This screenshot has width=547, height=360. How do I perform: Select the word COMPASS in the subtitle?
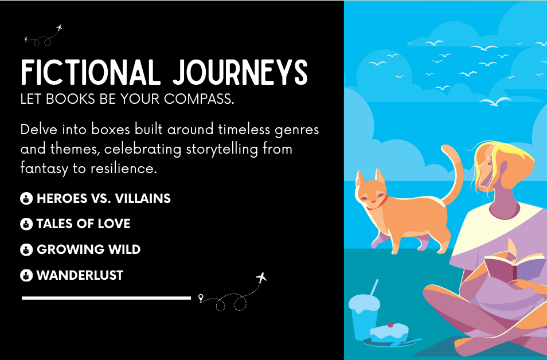pos(199,99)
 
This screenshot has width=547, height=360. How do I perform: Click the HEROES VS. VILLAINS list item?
pos(104,198)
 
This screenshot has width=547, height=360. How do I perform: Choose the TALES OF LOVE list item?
pos(83,224)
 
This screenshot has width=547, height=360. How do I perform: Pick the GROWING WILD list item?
pos(89,249)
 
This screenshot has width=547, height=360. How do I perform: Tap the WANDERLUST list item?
pos(80,275)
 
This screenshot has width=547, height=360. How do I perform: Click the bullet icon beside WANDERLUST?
pos(26,275)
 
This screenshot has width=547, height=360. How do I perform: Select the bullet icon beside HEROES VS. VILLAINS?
pos(26,198)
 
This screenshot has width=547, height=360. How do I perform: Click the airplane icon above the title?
pos(59,28)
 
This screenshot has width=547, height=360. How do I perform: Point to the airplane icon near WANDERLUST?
pos(261,277)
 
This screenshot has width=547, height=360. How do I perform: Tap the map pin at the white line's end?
pos(201,298)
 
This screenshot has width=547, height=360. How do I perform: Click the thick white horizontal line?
pos(107,298)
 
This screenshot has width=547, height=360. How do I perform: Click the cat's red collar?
pos(379,204)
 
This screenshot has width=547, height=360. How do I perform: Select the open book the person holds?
pos(515,264)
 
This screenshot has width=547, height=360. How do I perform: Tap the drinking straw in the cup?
pos(374,287)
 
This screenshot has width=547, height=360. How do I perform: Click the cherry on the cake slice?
pos(390,325)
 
